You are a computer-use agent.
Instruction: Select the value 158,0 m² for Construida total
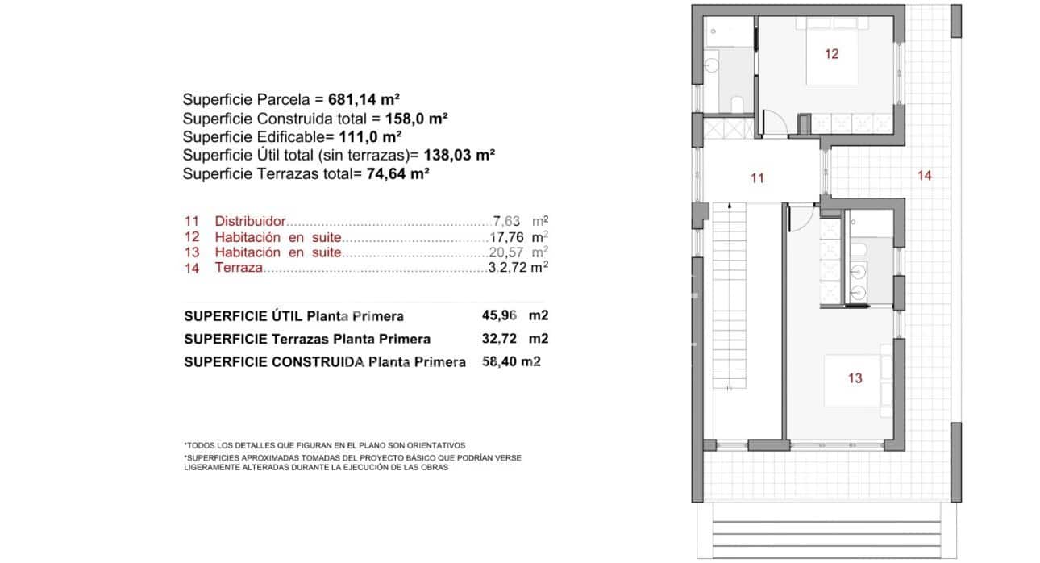tap(416, 119)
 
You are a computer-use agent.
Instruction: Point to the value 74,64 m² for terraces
tap(397, 173)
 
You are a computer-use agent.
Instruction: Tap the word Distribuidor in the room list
tap(250, 221)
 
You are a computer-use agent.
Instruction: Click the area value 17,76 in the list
tap(506, 237)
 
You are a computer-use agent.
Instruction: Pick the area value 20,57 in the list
tap(506, 252)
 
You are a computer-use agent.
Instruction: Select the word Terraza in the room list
tap(239, 268)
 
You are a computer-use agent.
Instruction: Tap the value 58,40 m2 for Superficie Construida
tap(510, 362)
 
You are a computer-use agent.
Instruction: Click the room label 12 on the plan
tap(831, 54)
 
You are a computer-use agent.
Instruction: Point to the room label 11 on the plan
tap(756, 178)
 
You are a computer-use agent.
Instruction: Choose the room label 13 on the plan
tap(855, 377)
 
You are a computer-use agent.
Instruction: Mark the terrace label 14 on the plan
tap(924, 174)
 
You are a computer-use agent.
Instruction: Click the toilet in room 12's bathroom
tap(736, 103)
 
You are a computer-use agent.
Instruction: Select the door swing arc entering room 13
tap(801, 219)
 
